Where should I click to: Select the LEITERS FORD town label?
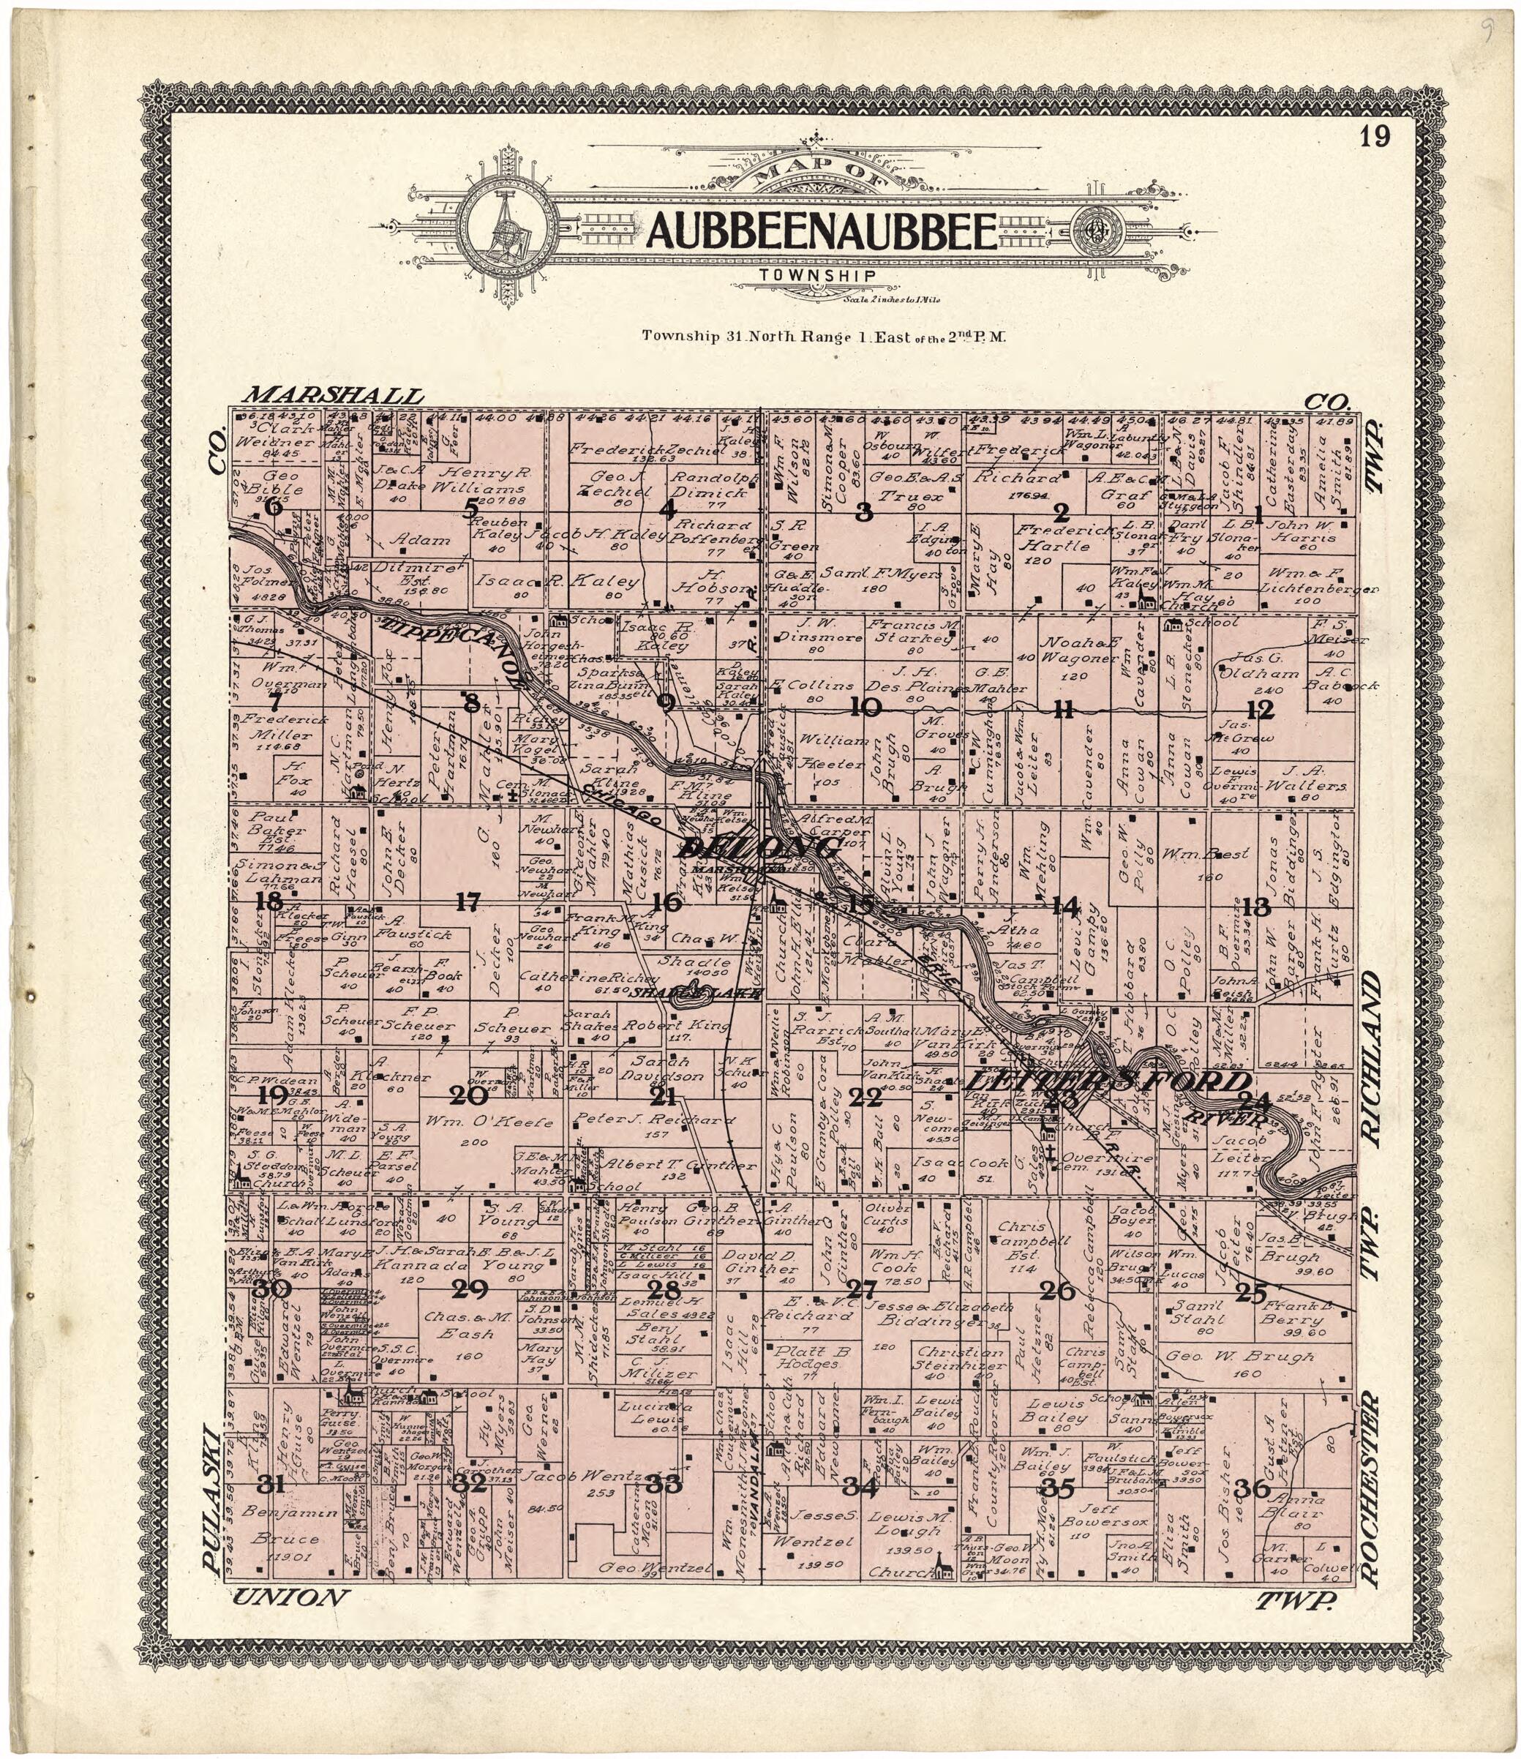click(1108, 1082)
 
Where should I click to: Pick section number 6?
click(274, 507)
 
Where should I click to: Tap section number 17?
click(468, 901)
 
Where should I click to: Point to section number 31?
click(270, 1484)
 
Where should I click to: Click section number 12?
click(1260, 708)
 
